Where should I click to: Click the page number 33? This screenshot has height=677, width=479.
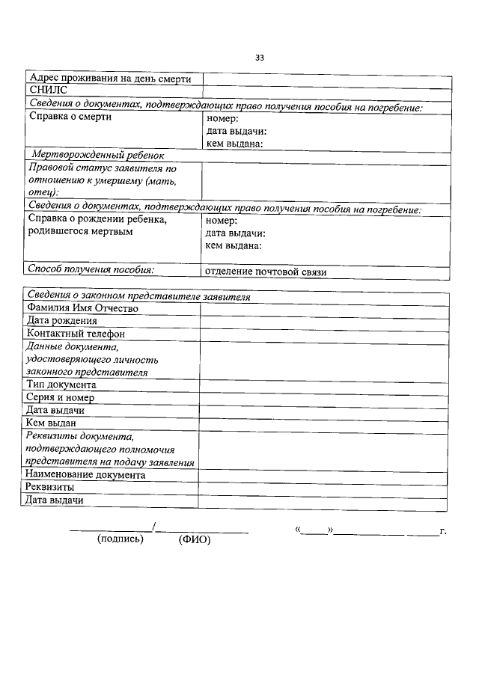point(259,58)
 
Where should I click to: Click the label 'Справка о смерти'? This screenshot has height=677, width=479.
point(70,117)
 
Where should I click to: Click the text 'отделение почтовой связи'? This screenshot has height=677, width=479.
point(266,272)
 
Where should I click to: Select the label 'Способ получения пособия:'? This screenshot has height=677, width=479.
point(90,269)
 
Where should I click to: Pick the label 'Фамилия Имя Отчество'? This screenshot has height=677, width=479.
point(82,308)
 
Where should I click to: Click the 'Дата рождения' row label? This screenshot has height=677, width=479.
point(61,321)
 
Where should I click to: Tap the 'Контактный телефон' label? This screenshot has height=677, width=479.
point(75,334)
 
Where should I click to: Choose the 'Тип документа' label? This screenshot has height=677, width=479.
point(61,385)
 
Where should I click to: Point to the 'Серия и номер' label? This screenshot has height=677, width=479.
point(60,397)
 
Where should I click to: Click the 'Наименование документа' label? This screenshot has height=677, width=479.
point(85,474)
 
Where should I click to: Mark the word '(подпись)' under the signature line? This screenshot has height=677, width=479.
point(120,539)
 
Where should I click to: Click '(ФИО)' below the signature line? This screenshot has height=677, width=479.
point(195,540)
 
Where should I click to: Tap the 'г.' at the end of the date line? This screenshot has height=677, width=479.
point(443,531)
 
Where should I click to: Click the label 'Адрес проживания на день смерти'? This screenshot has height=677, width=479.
point(109,78)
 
